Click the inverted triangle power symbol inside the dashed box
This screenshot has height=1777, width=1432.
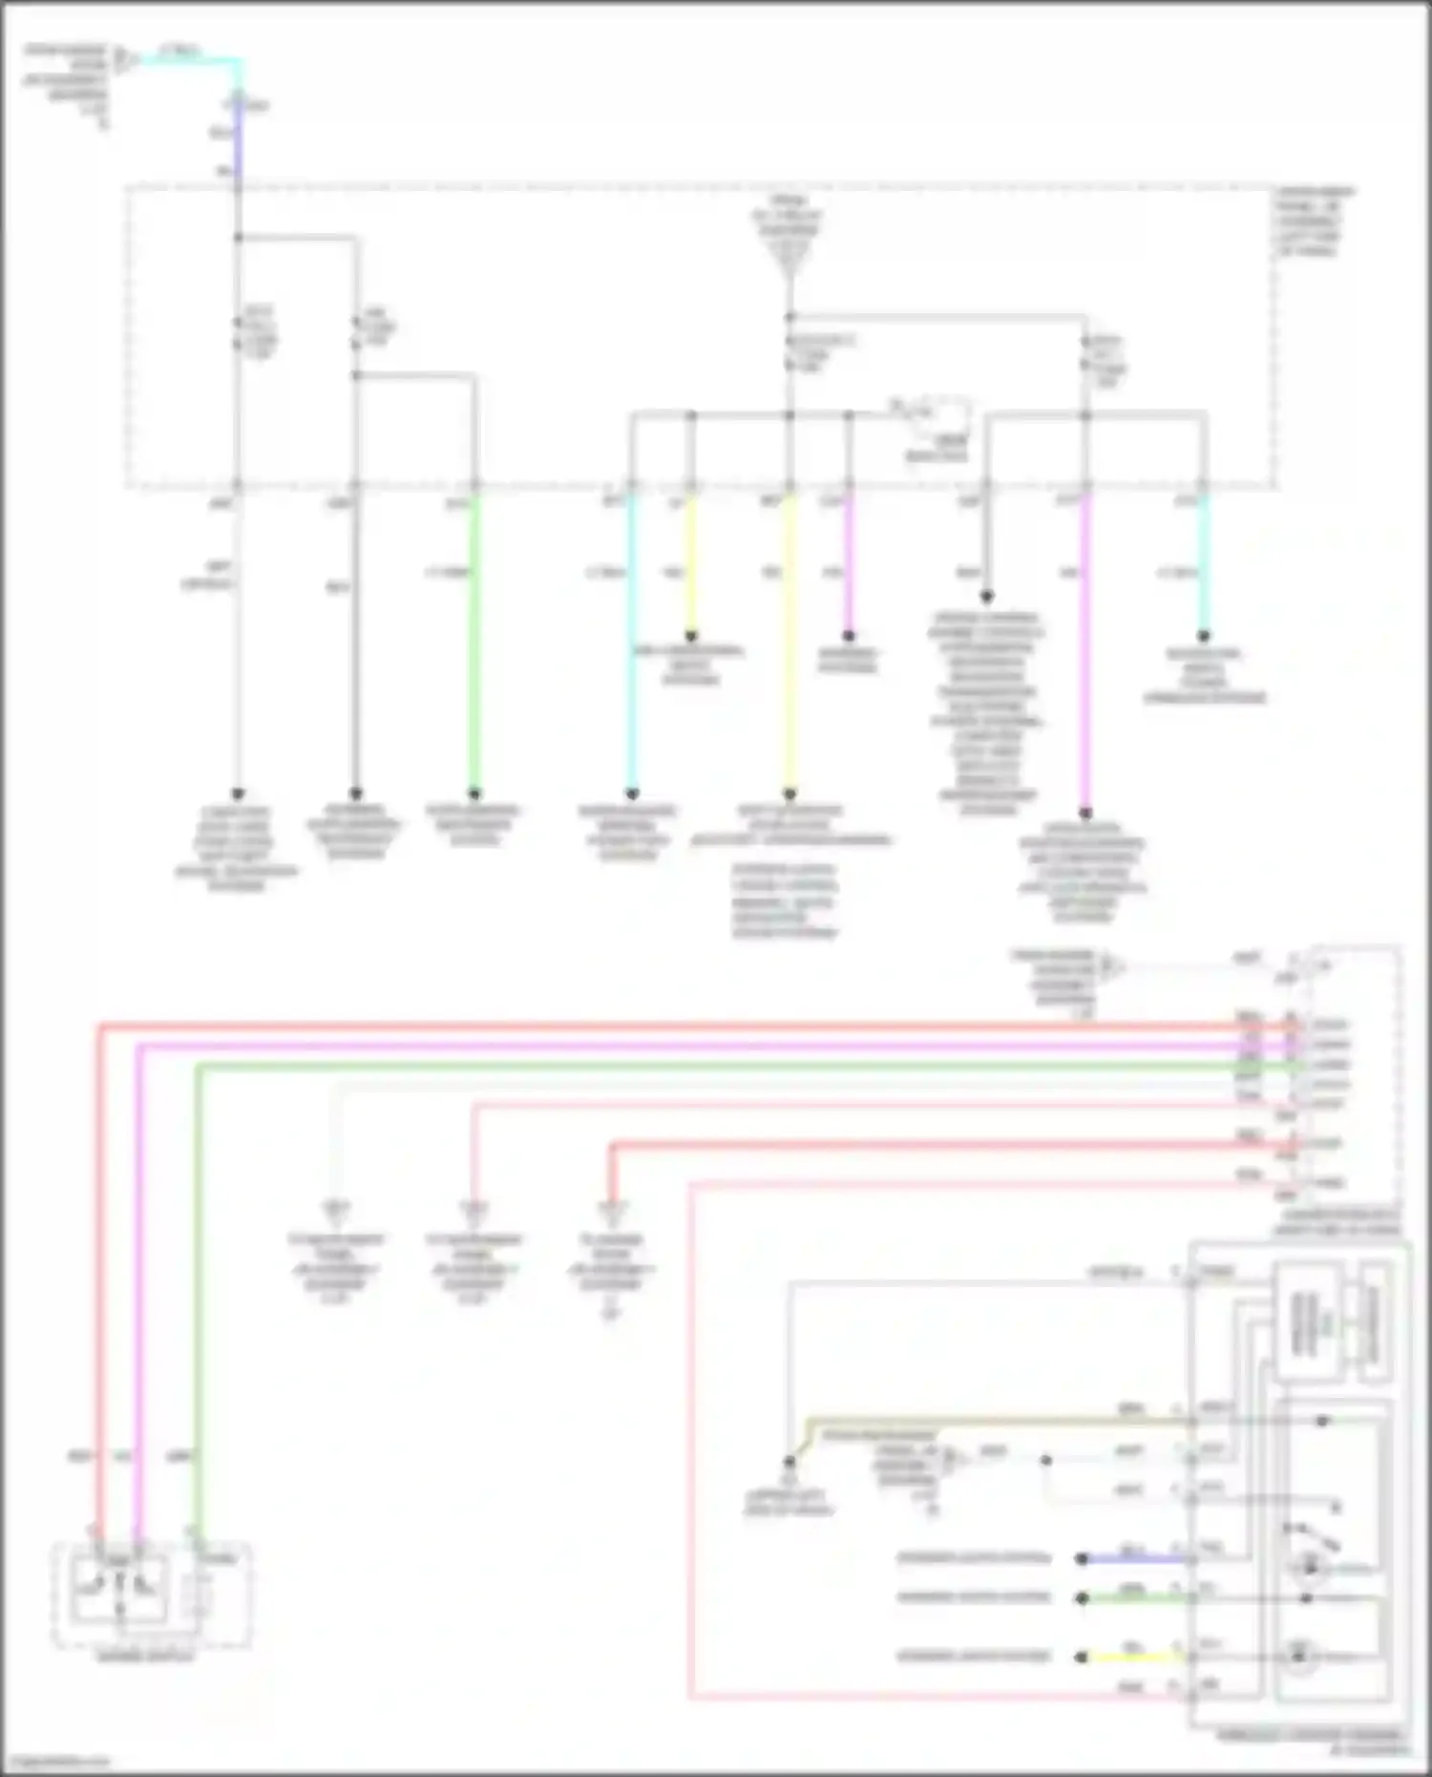[x=790, y=258]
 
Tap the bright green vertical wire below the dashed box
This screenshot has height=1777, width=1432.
[x=474, y=640]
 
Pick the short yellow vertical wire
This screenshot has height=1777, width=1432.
[x=691, y=563]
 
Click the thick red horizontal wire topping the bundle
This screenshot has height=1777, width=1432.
[x=668, y=1027]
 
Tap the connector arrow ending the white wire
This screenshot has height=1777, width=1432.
[x=335, y=1211]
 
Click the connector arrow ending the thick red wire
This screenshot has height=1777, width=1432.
[x=612, y=1211]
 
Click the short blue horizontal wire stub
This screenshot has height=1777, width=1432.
[x=1136, y=1558]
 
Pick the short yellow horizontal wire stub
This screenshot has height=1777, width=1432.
[x=1136, y=1657]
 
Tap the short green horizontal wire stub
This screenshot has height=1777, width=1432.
[x=1136, y=1597]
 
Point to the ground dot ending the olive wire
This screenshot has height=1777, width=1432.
[x=790, y=1462]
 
